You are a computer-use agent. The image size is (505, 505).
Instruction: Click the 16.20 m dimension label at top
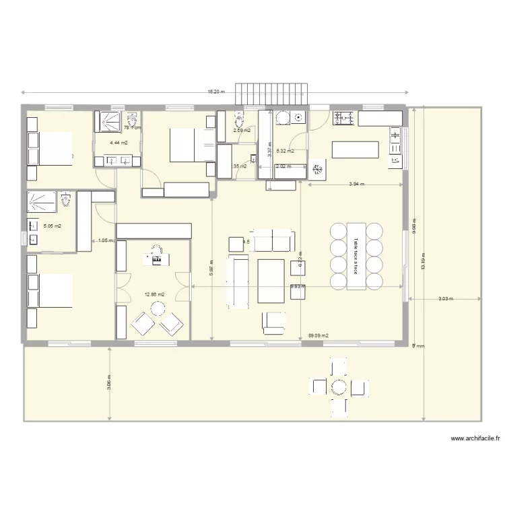[215, 92]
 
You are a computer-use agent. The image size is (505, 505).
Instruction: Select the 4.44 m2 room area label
[109, 143]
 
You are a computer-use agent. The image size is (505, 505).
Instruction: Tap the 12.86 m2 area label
[154, 294]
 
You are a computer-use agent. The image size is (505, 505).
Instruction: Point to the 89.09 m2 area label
[318, 335]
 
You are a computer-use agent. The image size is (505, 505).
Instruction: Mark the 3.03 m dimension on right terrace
[446, 299]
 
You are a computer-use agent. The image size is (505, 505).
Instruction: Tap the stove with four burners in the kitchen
[344, 118]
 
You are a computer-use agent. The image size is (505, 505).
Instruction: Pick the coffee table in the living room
[271, 280]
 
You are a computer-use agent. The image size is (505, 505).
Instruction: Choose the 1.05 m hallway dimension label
[104, 240]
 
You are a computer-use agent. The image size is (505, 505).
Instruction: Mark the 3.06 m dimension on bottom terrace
[109, 382]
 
